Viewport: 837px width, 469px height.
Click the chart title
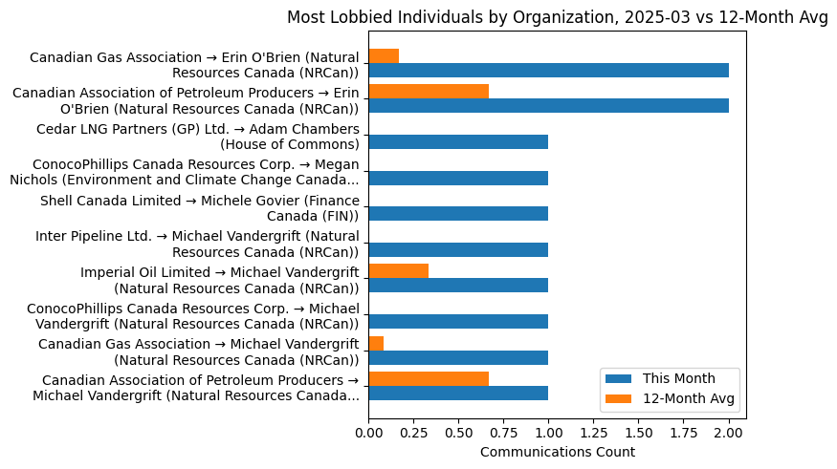pos(558,18)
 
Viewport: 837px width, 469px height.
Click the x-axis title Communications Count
pos(557,452)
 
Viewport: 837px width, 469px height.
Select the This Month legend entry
pos(678,377)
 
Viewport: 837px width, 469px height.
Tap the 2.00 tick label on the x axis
pos(729,432)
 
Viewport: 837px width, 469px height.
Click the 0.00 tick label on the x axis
pos(368,432)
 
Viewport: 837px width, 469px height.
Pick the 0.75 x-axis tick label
pos(503,432)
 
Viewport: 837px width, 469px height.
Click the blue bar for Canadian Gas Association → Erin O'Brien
pos(548,70)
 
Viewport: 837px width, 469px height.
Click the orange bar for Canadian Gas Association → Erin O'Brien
pos(384,55)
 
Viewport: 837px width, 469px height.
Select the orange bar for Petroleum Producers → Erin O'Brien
pos(429,92)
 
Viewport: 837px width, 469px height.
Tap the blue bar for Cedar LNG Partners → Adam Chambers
pos(458,141)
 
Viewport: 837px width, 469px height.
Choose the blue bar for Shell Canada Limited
pos(458,213)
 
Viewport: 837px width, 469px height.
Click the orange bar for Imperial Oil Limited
pos(398,270)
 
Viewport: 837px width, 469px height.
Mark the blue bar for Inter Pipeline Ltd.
pos(458,249)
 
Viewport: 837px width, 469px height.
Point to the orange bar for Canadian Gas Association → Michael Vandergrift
pos(376,343)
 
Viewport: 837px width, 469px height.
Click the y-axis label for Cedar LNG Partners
pos(198,137)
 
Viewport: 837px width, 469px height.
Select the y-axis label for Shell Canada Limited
pos(200,208)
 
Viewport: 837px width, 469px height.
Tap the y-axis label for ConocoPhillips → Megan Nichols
pos(185,172)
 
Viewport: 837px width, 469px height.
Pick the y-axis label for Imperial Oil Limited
pos(220,280)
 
